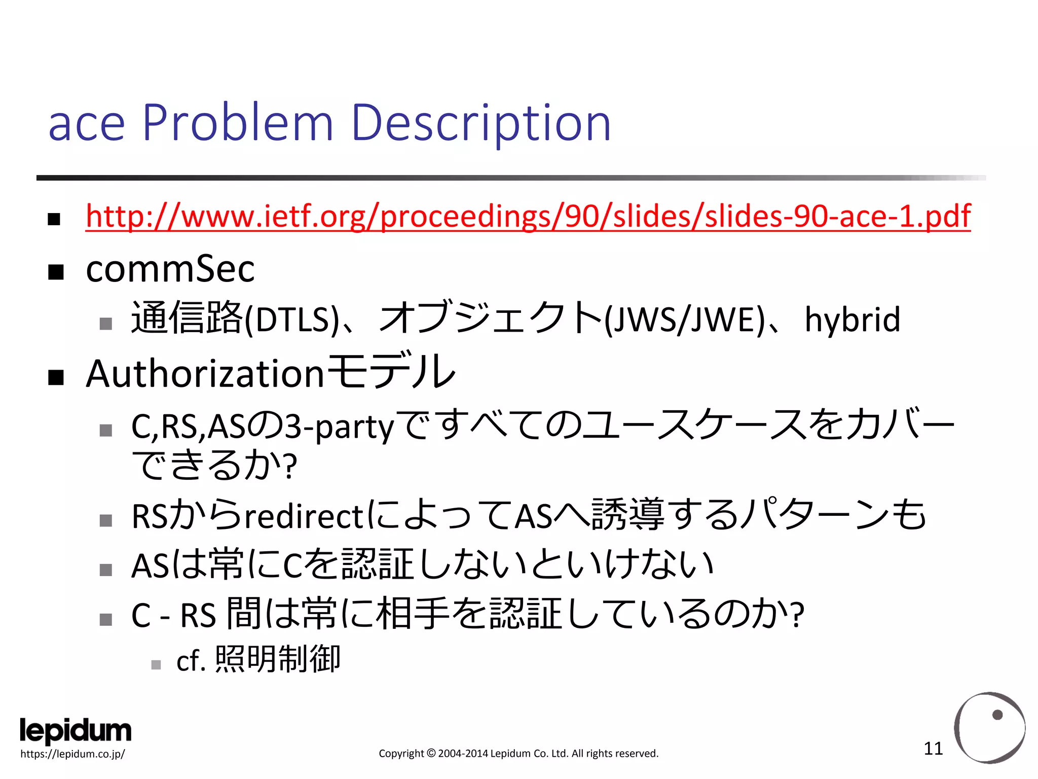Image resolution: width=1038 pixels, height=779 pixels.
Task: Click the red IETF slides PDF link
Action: coord(528,216)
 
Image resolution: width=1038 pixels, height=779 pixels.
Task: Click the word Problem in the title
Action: coord(238,123)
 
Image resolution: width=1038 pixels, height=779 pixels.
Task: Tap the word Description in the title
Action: coord(480,123)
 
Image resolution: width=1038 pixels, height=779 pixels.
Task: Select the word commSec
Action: coord(170,269)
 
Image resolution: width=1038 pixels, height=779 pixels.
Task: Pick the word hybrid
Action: coord(852,320)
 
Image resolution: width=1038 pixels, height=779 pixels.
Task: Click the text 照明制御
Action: coord(278,660)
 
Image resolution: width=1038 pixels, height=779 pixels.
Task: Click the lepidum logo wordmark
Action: coord(76,731)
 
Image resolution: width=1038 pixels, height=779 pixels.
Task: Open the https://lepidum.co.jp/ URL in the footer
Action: coord(72,754)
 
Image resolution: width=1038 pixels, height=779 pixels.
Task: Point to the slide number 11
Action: coord(933,749)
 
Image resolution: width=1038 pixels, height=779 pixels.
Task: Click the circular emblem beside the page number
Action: coord(989,727)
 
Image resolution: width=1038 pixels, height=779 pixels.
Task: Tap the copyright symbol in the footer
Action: coord(431,754)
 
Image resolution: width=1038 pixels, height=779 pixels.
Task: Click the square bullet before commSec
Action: coord(56,272)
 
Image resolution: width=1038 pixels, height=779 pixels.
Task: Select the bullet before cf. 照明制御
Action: coord(156,664)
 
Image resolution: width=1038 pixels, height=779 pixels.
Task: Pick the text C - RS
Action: coord(173,616)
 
